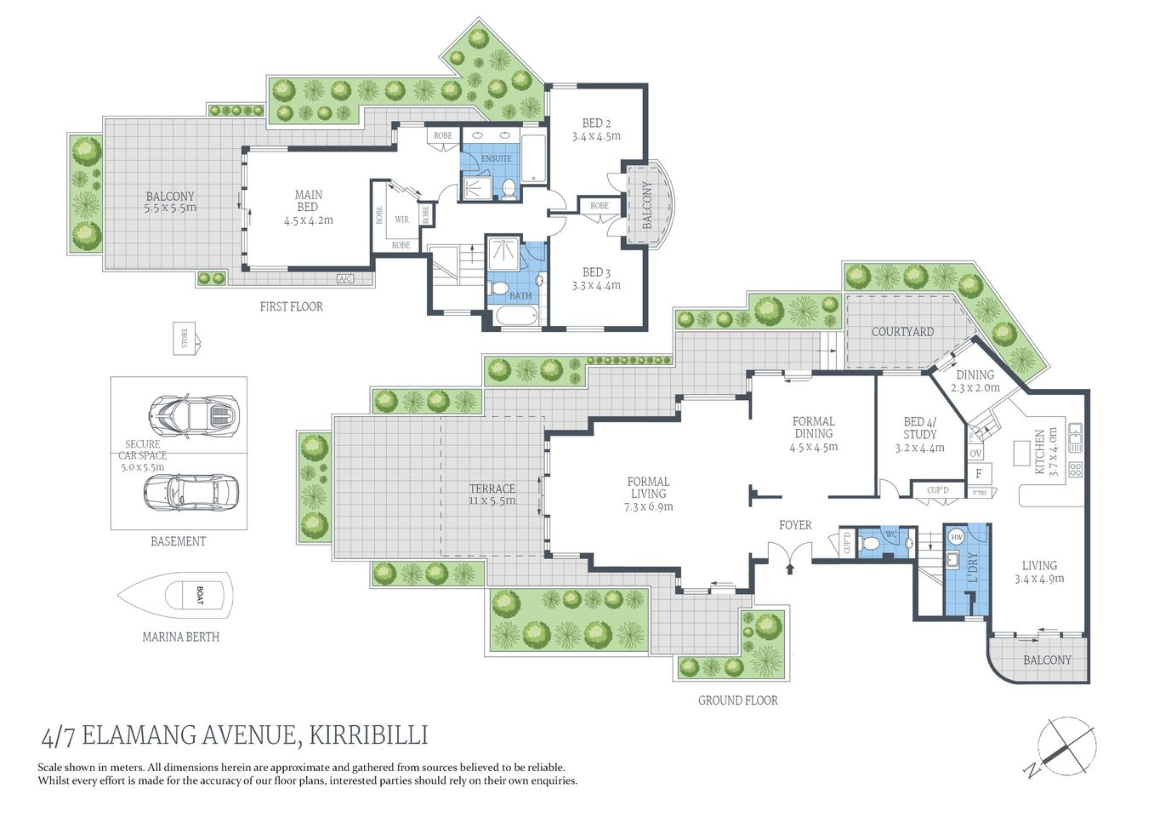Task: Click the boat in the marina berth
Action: tap(176, 596)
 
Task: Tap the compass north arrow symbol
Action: tap(1066, 747)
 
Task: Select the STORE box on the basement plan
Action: tap(185, 338)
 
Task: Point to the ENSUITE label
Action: tap(496, 158)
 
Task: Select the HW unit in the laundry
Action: tap(956, 537)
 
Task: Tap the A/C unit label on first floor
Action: tap(345, 279)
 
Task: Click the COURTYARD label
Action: tap(902, 332)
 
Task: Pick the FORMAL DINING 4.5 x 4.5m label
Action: tap(813, 434)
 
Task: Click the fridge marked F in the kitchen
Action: tap(979, 474)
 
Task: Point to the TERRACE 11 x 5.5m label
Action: tap(492, 494)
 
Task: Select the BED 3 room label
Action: tap(596, 278)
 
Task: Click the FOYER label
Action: tap(795, 525)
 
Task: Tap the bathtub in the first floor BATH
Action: tap(514, 317)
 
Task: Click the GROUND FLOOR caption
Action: tap(737, 700)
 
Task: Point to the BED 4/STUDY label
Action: tap(919, 434)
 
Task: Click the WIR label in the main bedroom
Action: tap(401, 219)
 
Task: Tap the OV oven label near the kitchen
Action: tap(975, 454)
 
